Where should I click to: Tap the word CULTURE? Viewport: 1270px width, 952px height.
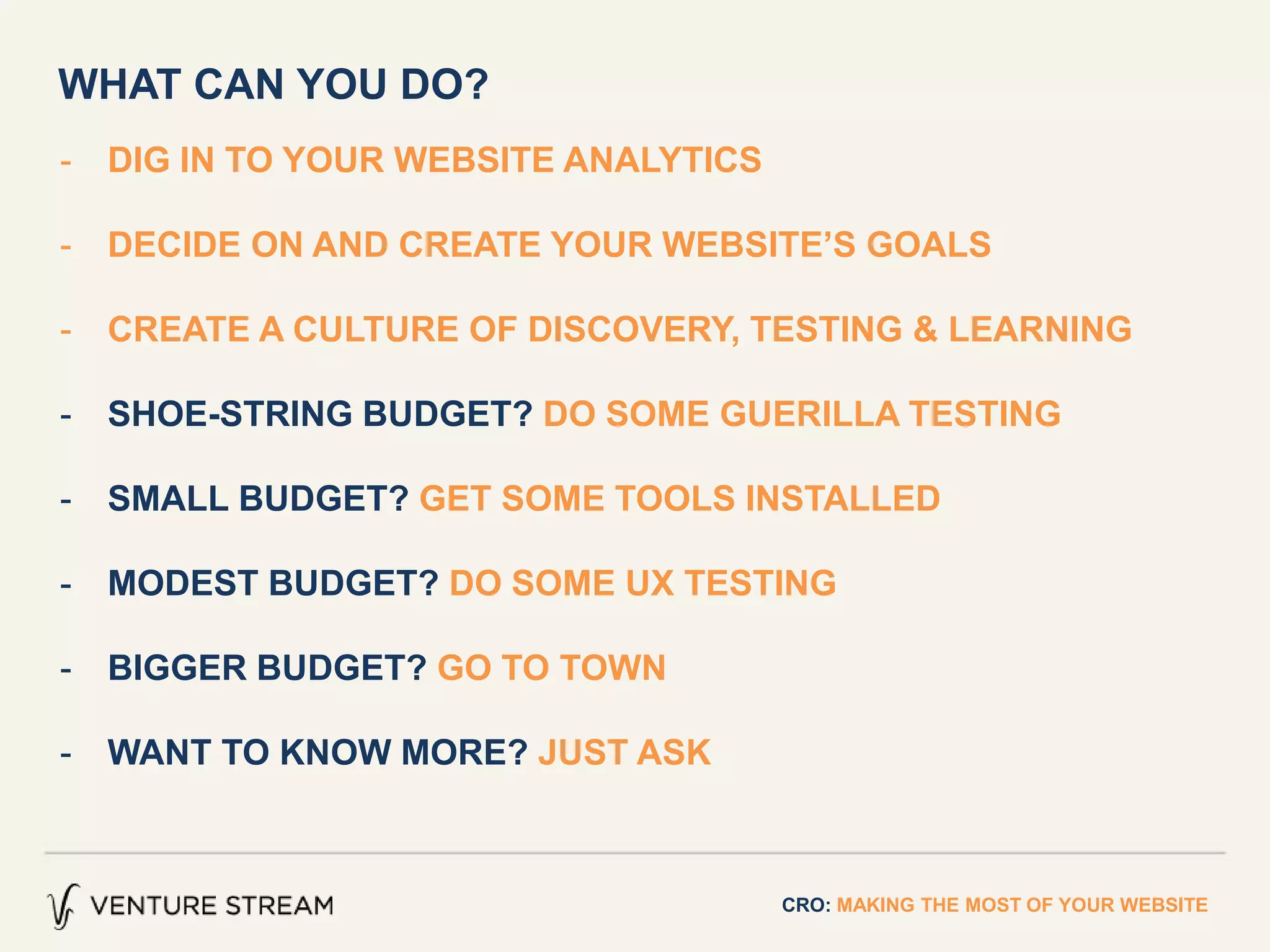pyautogui.click(x=376, y=329)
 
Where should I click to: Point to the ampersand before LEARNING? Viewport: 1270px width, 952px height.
pyautogui.click(x=925, y=329)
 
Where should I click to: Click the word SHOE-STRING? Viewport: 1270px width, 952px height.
pyautogui.click(x=229, y=413)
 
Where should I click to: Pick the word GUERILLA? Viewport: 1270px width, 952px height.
pyautogui.click(x=809, y=413)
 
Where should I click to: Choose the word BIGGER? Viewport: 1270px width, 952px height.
pyautogui.click(x=177, y=668)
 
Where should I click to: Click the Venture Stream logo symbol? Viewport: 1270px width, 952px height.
pyautogui.click(x=63, y=906)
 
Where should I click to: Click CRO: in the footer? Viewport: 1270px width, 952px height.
pyautogui.click(x=806, y=905)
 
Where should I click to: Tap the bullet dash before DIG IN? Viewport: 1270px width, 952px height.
pyautogui.click(x=66, y=163)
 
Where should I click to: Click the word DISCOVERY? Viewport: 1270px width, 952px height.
pyautogui.click(x=633, y=329)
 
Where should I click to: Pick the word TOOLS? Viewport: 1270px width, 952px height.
pyautogui.click(x=675, y=498)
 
